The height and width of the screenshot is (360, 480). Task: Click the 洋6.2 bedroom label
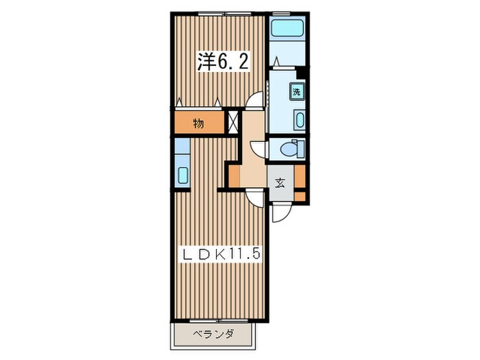point(222,62)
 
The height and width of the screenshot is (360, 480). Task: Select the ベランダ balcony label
point(214,334)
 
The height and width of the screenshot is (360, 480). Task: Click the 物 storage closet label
point(198,123)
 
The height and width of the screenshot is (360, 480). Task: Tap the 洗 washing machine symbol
point(297,91)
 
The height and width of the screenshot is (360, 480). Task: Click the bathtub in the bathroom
point(287,29)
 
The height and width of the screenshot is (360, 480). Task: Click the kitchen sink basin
point(183,176)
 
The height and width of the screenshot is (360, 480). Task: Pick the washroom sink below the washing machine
point(300,119)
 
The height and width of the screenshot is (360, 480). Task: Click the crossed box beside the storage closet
point(233,122)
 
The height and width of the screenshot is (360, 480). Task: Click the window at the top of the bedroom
point(224,14)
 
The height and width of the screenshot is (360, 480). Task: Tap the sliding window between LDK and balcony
point(219,321)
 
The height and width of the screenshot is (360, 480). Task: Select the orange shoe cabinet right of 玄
point(300,183)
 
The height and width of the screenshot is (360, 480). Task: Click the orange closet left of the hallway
point(235,176)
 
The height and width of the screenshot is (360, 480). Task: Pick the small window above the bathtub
point(281,14)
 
